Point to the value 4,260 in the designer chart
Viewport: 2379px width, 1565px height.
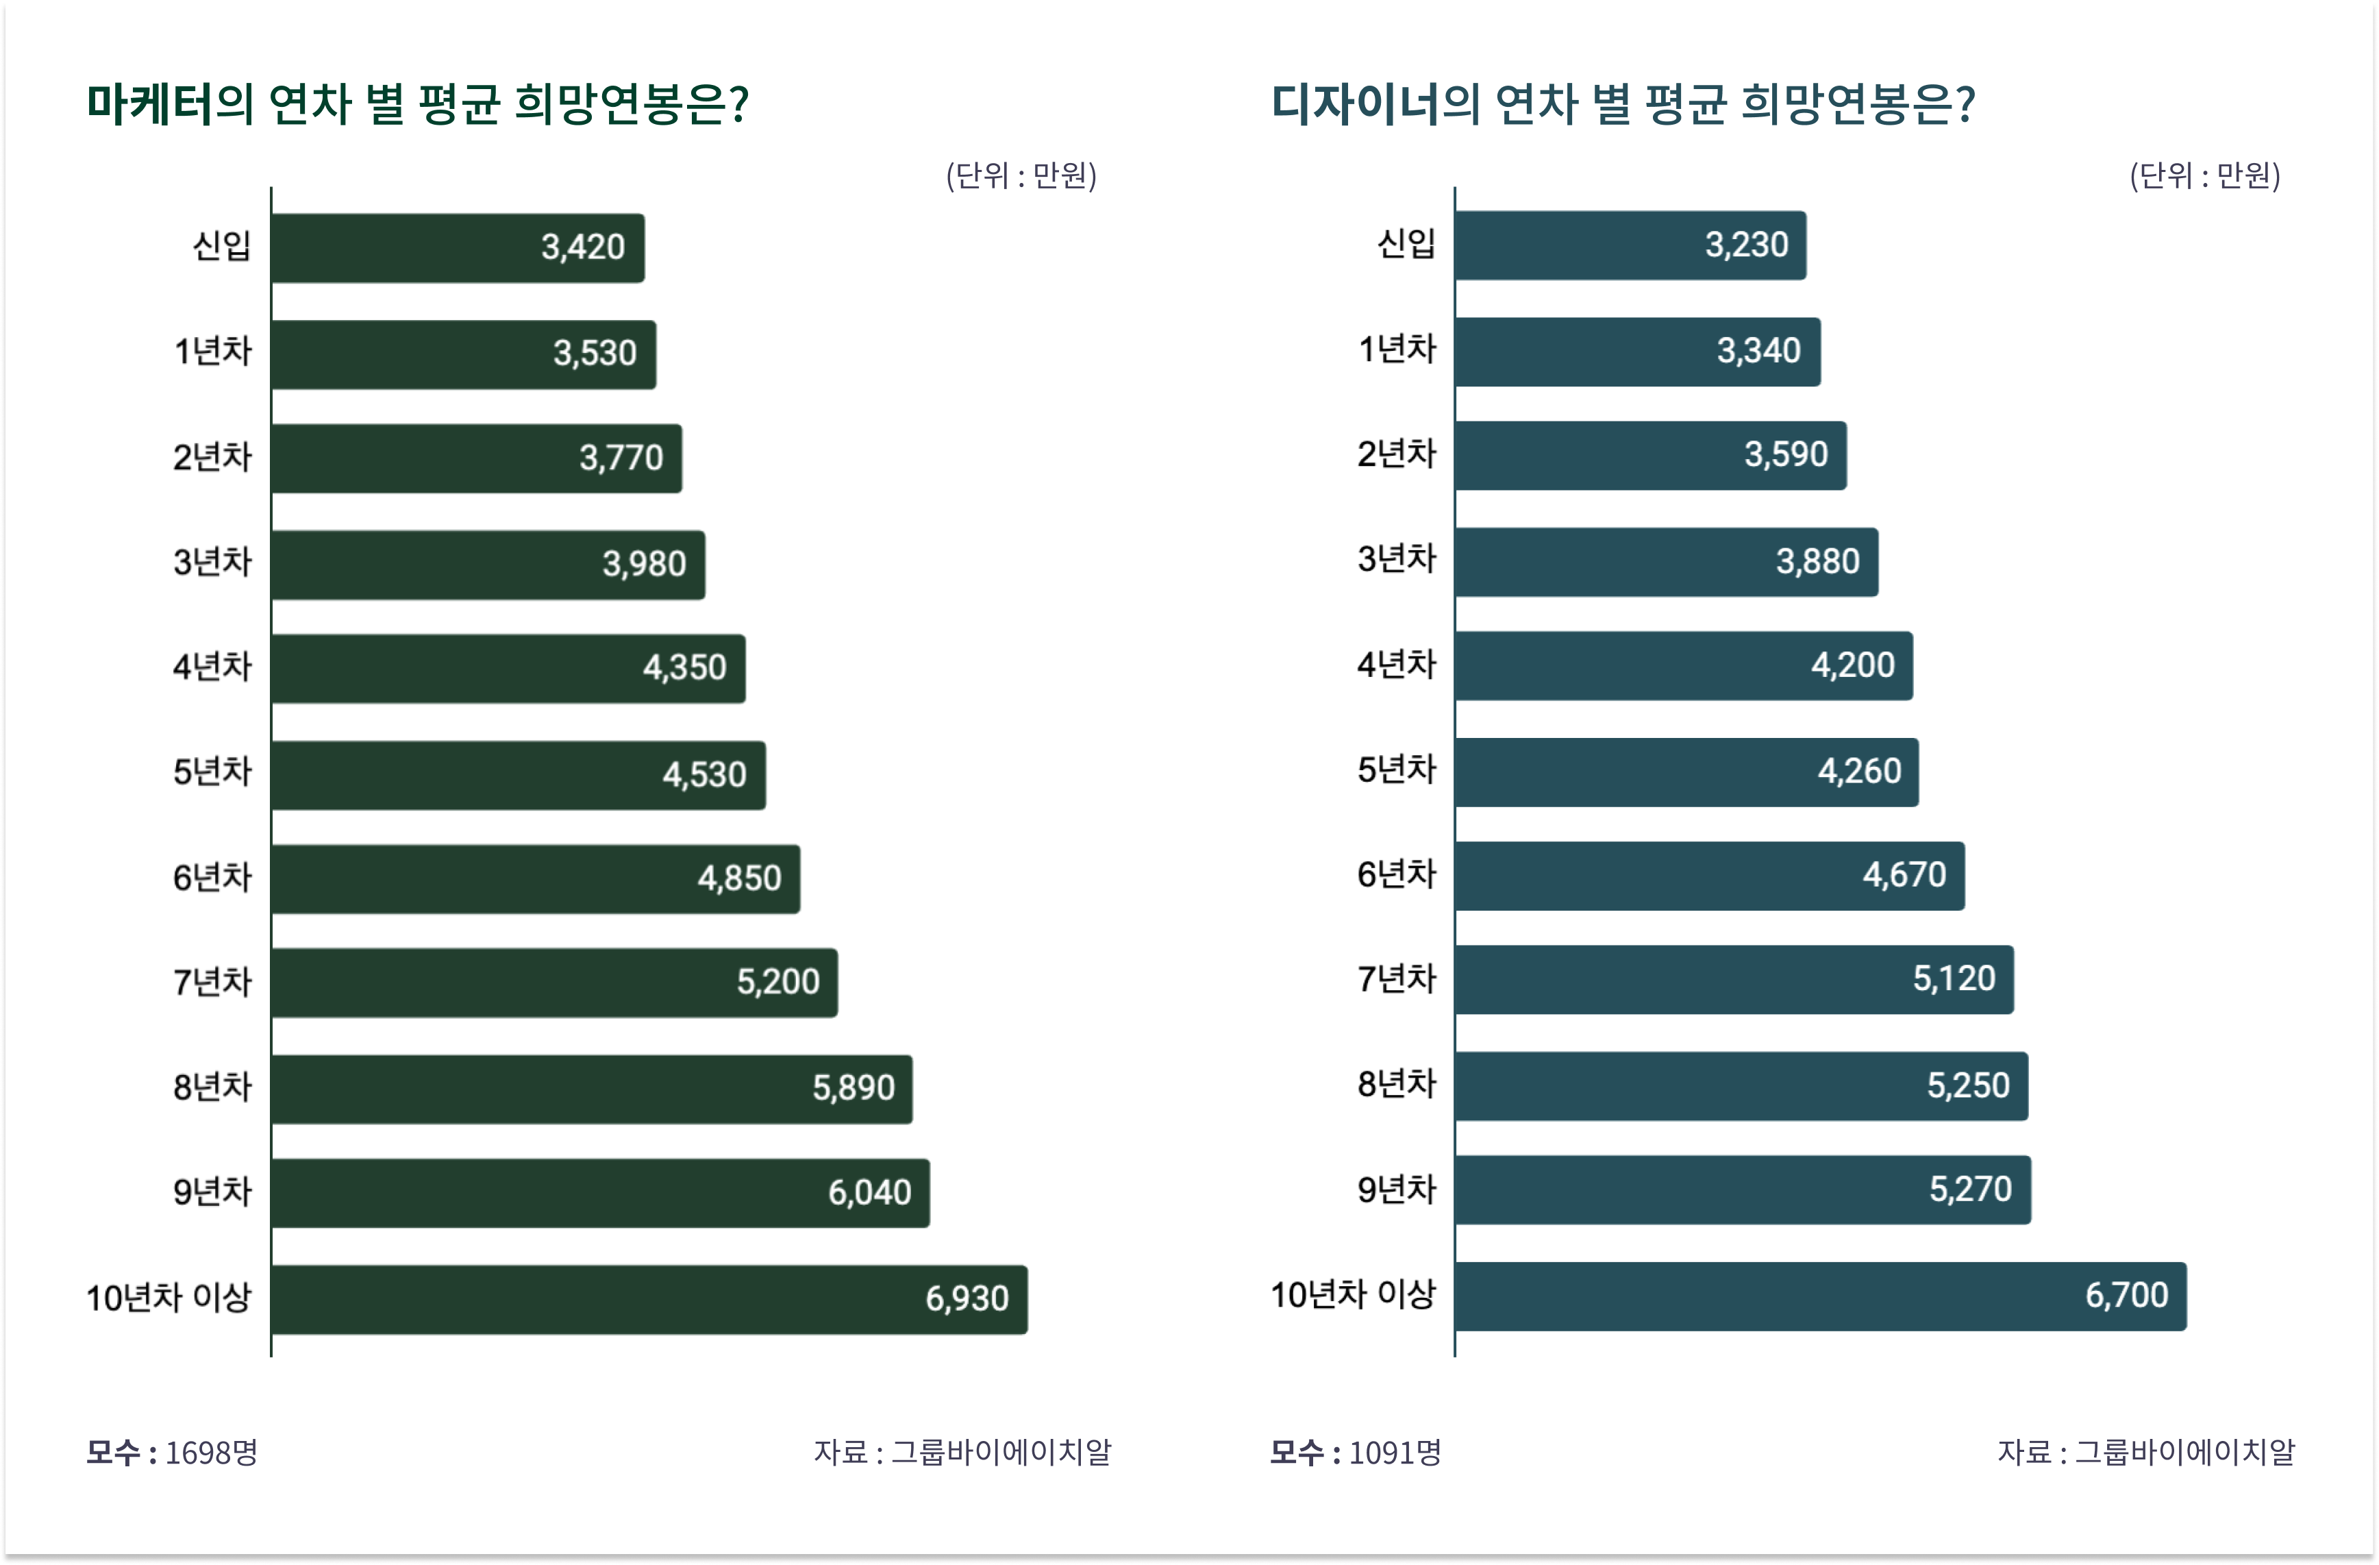click(1859, 771)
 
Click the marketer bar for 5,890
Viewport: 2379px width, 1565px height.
click(592, 1089)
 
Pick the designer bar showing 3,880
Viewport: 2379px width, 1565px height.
click(1667, 562)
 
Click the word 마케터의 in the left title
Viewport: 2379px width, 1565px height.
click(170, 104)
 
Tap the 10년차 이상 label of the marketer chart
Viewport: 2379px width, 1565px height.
click(169, 1298)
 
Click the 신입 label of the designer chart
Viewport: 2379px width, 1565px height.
click(1406, 243)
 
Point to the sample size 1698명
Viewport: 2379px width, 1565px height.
click(211, 1452)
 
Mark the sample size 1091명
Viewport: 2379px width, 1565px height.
click(1395, 1452)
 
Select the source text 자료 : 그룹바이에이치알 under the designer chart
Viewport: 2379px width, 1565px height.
click(2146, 1452)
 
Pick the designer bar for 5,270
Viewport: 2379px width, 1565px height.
click(1743, 1190)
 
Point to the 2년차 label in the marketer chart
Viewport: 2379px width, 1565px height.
click(212, 457)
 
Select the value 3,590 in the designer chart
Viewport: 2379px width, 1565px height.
click(1786, 455)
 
